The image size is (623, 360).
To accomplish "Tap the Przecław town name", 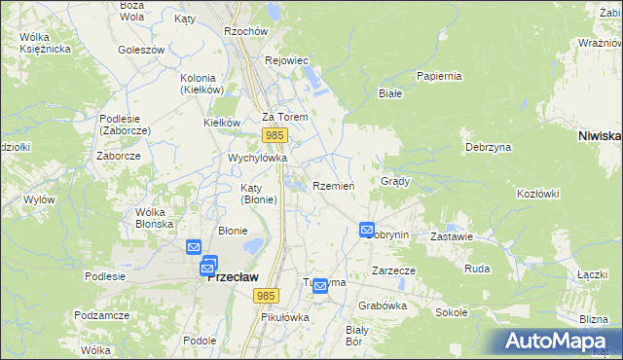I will pyautogui.click(x=234, y=276).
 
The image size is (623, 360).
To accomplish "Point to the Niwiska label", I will pyautogui.click(x=599, y=136).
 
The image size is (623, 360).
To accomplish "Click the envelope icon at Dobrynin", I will pyautogui.click(x=367, y=231).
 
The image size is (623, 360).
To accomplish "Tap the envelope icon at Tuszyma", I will pyautogui.click(x=319, y=286).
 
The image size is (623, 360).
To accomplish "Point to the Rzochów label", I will pyautogui.click(x=245, y=31).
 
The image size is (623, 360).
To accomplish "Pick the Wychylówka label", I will pyautogui.click(x=257, y=157).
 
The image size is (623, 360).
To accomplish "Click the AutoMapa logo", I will pyautogui.click(x=558, y=341).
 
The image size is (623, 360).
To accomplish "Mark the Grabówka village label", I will pyautogui.click(x=382, y=305).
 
